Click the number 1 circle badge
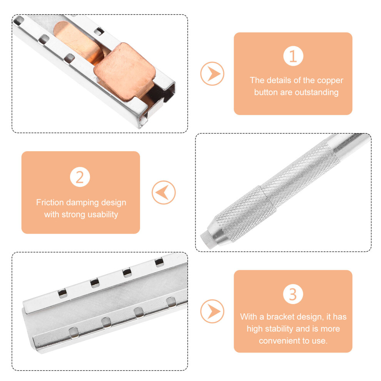(293, 56)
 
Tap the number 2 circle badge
(80, 177)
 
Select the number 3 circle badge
(293, 294)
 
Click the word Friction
(50, 202)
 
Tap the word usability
(103, 215)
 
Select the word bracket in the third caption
(281, 317)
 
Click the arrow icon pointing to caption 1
(212, 74)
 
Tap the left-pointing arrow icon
(164, 192)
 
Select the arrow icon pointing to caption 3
(212, 311)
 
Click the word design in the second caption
(114, 203)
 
